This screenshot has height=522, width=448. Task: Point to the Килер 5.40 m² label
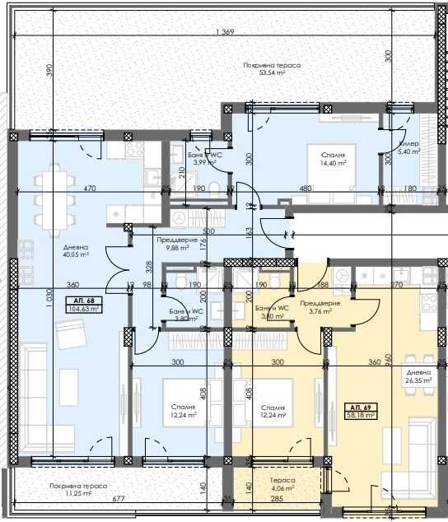tap(408, 147)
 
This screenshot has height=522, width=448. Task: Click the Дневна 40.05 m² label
tap(75, 250)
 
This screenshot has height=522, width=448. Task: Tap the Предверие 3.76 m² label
tap(315, 307)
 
